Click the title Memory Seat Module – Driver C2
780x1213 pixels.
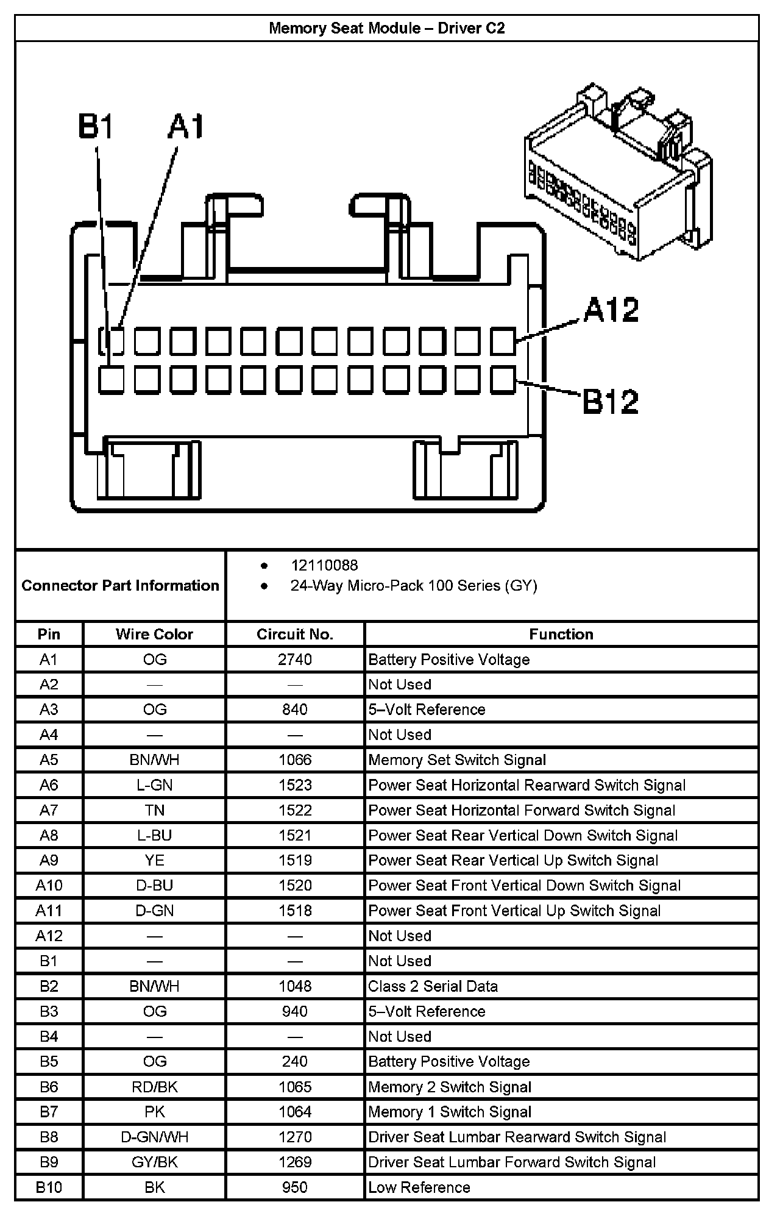pyautogui.click(x=387, y=29)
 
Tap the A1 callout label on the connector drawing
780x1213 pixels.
pyautogui.click(x=185, y=127)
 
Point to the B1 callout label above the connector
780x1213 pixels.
pyautogui.click(x=96, y=127)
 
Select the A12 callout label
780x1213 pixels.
pyautogui.click(x=611, y=310)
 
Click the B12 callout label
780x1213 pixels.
pyautogui.click(x=611, y=401)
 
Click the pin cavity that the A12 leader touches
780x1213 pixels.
pyautogui.click(x=503, y=341)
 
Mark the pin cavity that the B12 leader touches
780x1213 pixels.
pyautogui.click(x=503, y=379)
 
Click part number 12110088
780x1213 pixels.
pyautogui.click(x=324, y=565)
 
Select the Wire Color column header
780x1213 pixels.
pyautogui.click(x=154, y=634)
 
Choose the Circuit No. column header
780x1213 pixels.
pyautogui.click(x=295, y=634)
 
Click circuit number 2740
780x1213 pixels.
pyautogui.click(x=295, y=660)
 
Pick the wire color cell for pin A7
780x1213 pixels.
pyautogui.click(x=154, y=810)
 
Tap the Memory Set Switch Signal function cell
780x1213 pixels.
pyautogui.click(x=457, y=759)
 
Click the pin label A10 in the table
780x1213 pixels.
pyautogui.click(x=49, y=885)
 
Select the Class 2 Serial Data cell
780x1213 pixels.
pyautogui.click(x=433, y=986)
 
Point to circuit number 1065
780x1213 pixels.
pyautogui.click(x=295, y=1087)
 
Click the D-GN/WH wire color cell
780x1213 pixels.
pyautogui.click(x=154, y=1137)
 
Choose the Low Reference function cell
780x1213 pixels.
pyautogui.click(x=419, y=1187)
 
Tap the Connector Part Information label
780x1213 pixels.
pyautogui.click(x=120, y=585)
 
